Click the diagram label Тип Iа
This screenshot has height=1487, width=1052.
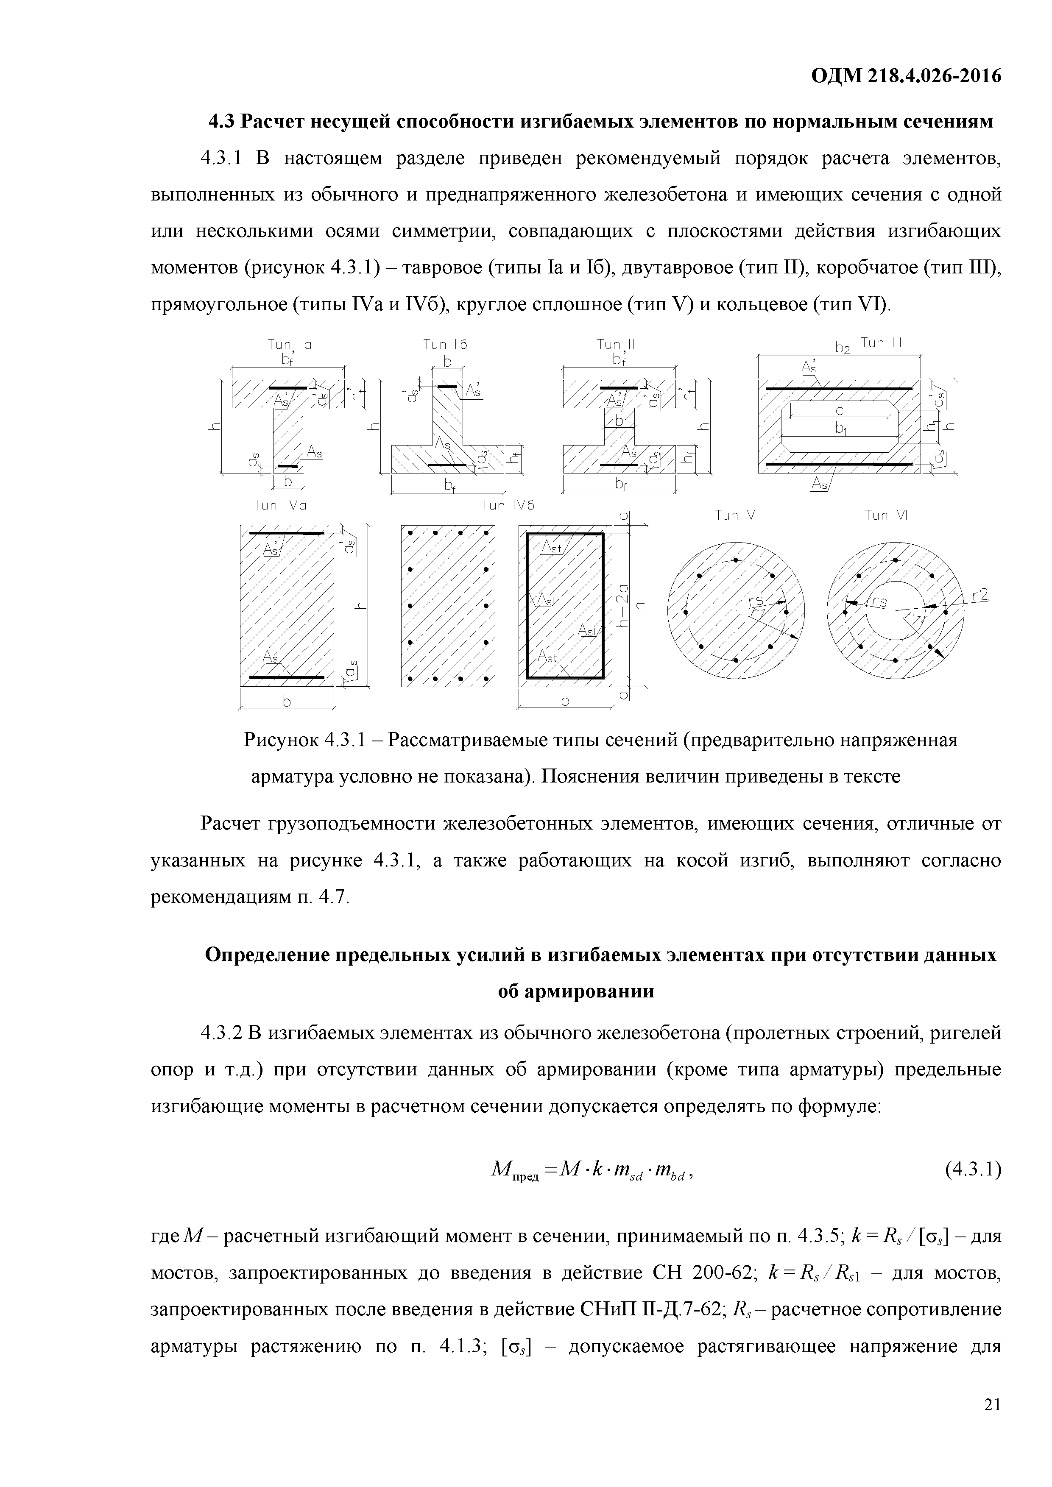click(290, 345)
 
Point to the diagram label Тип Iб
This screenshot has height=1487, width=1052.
click(445, 345)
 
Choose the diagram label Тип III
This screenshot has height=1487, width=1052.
click(881, 343)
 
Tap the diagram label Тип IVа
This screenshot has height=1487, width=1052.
click(280, 505)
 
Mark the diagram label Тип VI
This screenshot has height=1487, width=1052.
click(886, 515)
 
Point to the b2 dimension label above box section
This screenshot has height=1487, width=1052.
click(842, 348)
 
